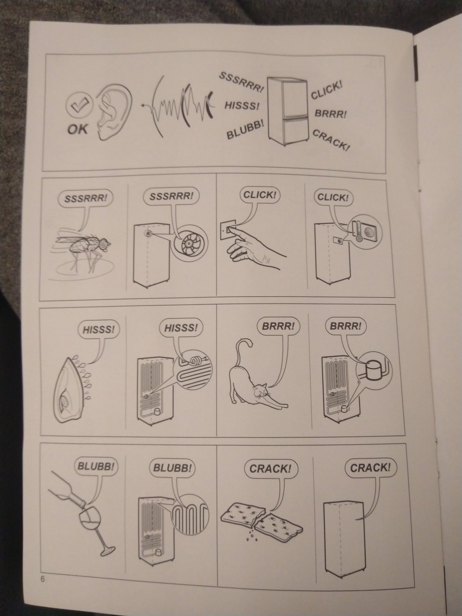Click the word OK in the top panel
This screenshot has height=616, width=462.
[78, 129]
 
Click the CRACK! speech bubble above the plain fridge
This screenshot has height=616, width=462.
[373, 468]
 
